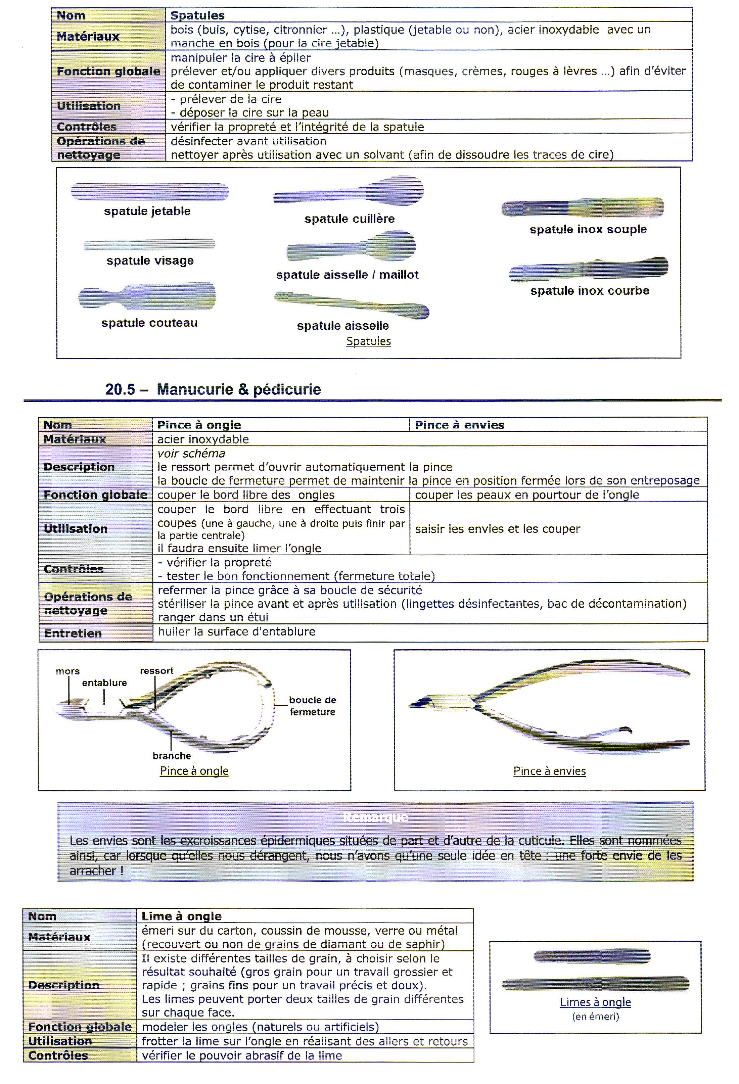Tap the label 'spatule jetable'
tap(147, 211)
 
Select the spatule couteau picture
tap(147, 296)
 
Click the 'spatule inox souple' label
tap(588, 230)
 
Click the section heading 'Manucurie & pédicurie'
tap(238, 389)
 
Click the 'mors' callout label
tap(67, 671)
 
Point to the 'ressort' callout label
tap(157, 671)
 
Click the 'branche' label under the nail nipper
tap(172, 756)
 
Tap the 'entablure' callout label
tap(104, 683)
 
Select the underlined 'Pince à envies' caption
tap(549, 771)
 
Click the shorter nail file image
tap(592, 956)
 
